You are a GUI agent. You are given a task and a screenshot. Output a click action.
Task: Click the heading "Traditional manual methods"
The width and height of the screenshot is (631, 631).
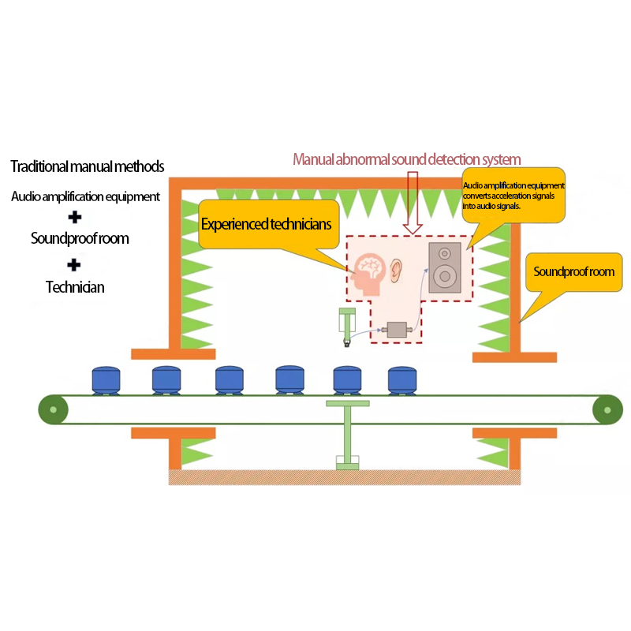[x=88, y=167]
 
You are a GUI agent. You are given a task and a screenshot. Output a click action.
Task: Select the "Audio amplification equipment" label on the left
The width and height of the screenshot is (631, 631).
[x=85, y=196]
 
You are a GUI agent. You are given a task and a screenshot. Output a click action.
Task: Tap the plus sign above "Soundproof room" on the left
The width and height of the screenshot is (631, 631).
[x=74, y=217]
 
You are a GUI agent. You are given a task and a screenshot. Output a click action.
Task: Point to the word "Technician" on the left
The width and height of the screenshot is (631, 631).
[x=75, y=287]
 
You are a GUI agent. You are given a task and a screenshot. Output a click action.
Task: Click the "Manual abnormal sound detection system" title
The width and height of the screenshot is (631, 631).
[x=407, y=159]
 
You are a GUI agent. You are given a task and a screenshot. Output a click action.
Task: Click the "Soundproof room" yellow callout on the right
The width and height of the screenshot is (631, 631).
[x=573, y=273]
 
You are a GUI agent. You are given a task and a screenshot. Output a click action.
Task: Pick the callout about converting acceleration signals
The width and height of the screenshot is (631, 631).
[x=513, y=196]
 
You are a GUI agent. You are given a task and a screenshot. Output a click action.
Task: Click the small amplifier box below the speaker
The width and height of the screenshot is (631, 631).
[x=397, y=330]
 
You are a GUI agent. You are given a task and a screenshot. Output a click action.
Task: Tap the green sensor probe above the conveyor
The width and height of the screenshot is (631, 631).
[x=346, y=327]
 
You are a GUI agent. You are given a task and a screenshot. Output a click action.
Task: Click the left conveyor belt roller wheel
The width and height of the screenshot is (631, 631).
[x=53, y=409]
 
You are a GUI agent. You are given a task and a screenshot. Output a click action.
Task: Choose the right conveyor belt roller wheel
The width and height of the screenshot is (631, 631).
[x=607, y=409]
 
